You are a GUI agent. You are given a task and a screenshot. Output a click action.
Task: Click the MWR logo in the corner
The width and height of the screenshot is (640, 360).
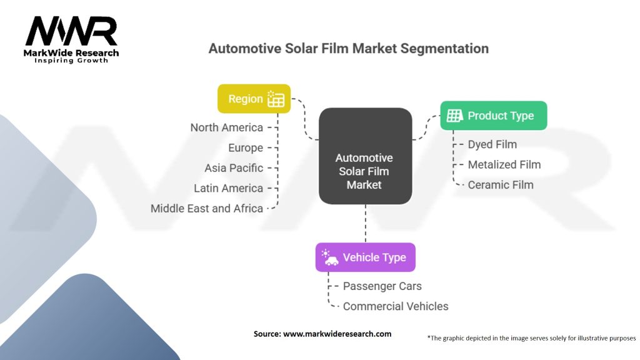point(71,39)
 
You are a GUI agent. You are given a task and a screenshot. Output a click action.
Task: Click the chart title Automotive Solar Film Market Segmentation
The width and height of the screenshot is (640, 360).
point(348,48)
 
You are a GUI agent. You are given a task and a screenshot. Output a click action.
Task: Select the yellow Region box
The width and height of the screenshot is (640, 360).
point(254,99)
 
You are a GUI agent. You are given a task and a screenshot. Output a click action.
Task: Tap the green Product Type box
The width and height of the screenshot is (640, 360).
point(493,116)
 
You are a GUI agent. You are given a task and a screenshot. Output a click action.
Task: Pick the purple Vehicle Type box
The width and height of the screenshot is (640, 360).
point(365,257)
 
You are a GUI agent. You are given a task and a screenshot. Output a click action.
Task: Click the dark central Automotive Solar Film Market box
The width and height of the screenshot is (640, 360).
point(365,156)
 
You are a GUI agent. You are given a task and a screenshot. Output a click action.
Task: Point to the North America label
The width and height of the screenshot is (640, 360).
point(227,127)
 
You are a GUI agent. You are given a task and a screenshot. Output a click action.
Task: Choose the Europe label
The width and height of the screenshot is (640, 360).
point(246,148)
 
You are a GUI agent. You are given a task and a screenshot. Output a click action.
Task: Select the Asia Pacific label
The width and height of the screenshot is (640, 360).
point(234,168)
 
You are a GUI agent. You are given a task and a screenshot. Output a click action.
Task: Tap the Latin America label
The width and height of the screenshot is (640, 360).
point(229,188)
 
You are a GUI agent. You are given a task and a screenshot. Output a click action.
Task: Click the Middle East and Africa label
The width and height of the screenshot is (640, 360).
point(207,209)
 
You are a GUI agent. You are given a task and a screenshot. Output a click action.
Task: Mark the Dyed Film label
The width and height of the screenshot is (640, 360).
point(492,144)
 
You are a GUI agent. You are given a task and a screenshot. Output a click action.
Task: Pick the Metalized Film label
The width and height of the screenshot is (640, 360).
point(504,165)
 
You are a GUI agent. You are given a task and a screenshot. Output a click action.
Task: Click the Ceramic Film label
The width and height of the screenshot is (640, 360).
point(501,185)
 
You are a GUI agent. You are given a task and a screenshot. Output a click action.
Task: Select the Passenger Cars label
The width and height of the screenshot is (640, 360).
point(382,286)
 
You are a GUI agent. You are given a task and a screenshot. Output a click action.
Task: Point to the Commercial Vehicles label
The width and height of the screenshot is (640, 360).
point(396,306)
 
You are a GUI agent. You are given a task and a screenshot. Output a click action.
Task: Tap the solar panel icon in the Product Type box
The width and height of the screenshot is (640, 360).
point(455,116)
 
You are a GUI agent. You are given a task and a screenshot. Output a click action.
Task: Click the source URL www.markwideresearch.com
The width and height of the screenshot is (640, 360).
point(337,334)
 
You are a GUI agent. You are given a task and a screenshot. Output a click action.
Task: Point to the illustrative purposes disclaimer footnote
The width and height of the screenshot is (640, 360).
point(531,338)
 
